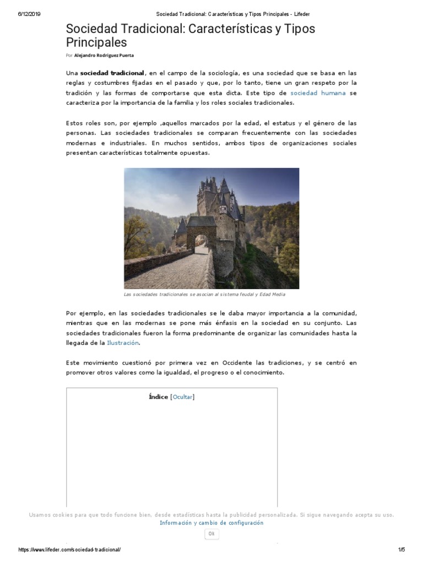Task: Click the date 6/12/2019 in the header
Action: point(29,14)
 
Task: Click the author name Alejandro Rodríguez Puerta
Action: point(104,55)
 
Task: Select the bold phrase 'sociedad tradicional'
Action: point(112,73)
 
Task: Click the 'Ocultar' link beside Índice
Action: point(183,397)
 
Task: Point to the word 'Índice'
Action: point(158,397)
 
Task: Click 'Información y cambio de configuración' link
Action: point(211,523)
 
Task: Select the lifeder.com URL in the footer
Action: point(69,550)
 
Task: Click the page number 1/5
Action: point(401,550)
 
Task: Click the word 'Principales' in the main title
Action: point(96,42)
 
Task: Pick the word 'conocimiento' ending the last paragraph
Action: point(263,372)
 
